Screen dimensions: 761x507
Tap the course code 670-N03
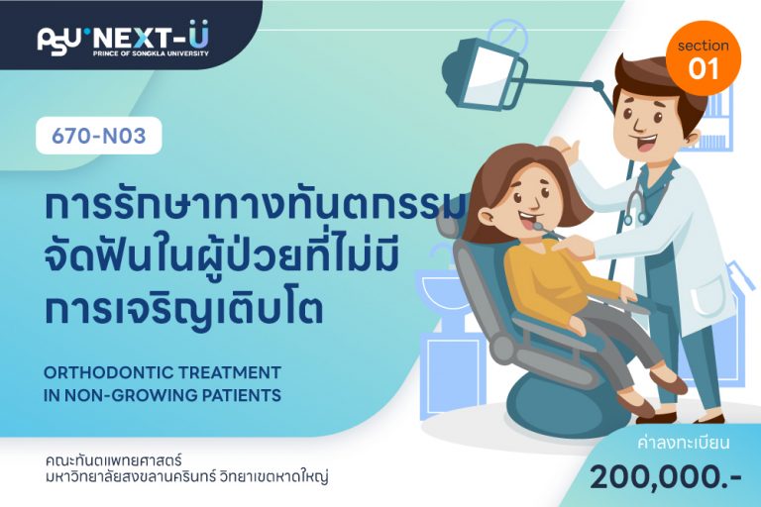(98, 137)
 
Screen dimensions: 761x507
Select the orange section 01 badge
(704, 57)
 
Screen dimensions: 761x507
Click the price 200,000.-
(666, 477)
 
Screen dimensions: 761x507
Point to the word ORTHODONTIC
(109, 372)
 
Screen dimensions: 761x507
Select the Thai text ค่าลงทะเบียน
(684, 444)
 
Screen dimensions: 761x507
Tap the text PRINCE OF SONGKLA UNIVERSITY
(151, 53)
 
